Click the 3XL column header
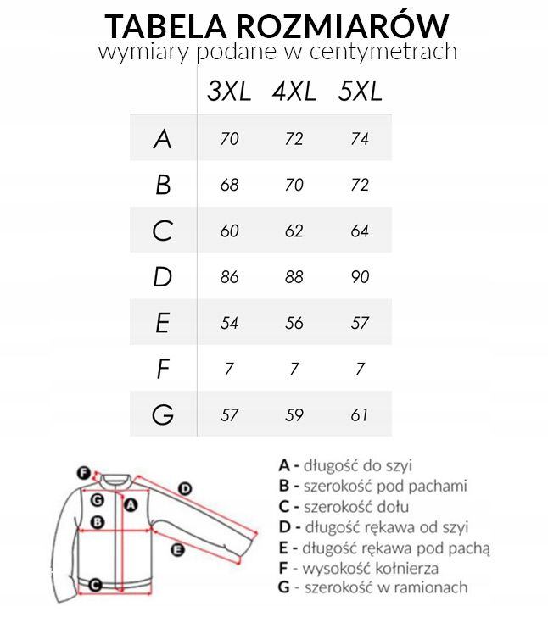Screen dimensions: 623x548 click(229, 92)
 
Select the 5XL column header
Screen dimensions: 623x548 click(359, 92)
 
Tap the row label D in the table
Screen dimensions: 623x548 click(163, 277)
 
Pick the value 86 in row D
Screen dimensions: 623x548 click(229, 277)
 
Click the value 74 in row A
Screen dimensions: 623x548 click(359, 139)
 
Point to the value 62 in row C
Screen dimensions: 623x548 click(294, 231)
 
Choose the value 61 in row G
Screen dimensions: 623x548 click(359, 415)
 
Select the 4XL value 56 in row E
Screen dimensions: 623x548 click(294, 323)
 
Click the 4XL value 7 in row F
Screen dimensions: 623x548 click(294, 370)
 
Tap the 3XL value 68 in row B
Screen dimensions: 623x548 click(229, 185)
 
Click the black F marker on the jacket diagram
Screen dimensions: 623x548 click(83, 473)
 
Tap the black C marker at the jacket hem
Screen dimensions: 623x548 click(96, 584)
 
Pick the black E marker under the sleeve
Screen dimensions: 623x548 click(177, 550)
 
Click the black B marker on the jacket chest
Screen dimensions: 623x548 click(97, 522)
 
